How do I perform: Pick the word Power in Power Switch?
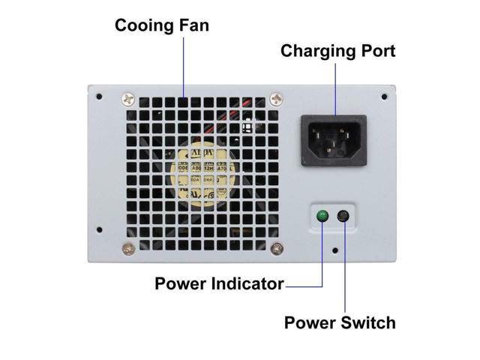(x=309, y=323)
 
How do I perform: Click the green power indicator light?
(x=322, y=217)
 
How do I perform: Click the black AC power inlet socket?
(x=334, y=140)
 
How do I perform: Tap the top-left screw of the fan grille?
(x=127, y=97)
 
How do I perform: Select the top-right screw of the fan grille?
(x=277, y=97)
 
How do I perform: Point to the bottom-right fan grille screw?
(x=278, y=248)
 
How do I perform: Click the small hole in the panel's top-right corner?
(x=384, y=97)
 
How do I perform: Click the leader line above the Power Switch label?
(x=345, y=270)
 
